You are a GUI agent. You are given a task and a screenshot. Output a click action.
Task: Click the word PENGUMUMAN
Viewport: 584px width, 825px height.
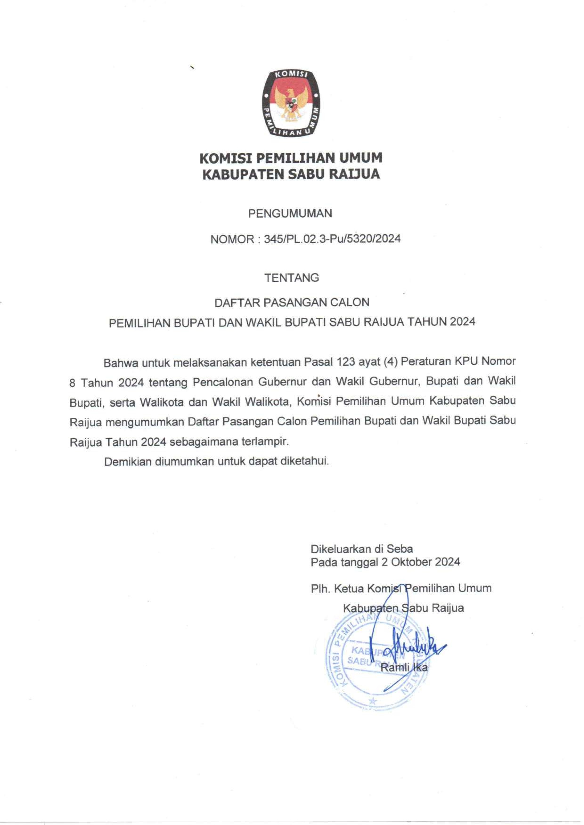(290, 214)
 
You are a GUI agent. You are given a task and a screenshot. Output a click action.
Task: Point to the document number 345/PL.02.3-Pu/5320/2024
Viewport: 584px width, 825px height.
(332, 239)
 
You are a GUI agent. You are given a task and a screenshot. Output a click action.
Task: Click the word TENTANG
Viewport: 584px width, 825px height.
(292, 278)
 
